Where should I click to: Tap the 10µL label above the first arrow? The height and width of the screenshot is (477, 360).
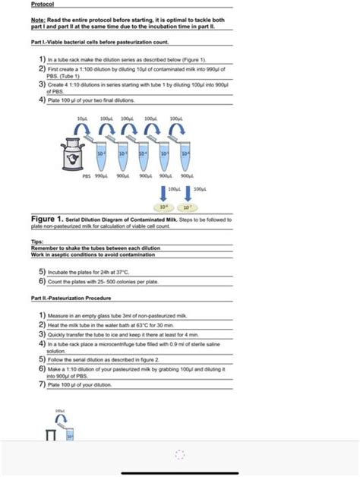point(83,120)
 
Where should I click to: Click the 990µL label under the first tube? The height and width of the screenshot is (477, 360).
point(100,175)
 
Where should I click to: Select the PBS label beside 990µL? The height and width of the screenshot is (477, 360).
point(86,175)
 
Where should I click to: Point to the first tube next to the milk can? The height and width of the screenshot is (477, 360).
point(100,155)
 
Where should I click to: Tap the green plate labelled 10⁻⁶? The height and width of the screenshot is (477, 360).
point(163,206)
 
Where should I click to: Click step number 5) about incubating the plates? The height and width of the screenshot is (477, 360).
point(43,271)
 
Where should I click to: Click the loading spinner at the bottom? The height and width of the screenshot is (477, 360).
point(180,454)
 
